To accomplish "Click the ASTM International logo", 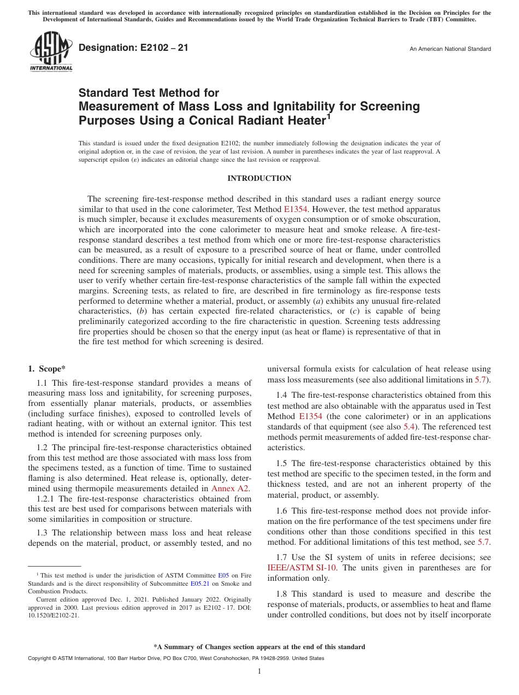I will pos(51,52).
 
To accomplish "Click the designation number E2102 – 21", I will pos(134,48).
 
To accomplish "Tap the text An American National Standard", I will pos(450,49).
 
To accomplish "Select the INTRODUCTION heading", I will pos(259,179).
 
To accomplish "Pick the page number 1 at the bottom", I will pos(259,672).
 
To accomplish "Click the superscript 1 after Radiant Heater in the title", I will pos(329,116).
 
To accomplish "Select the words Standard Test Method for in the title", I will pos(149,93).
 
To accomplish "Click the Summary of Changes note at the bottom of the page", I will pos(259,647).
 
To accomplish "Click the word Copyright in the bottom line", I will pos(40,658).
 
